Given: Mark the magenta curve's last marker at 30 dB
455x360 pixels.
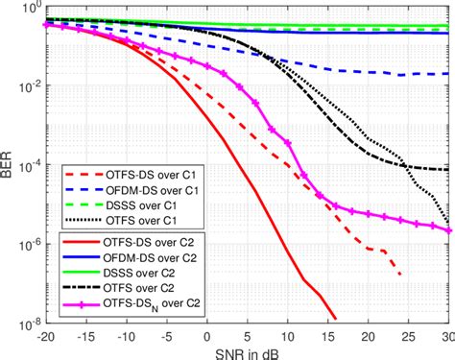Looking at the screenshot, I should [448, 230].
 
